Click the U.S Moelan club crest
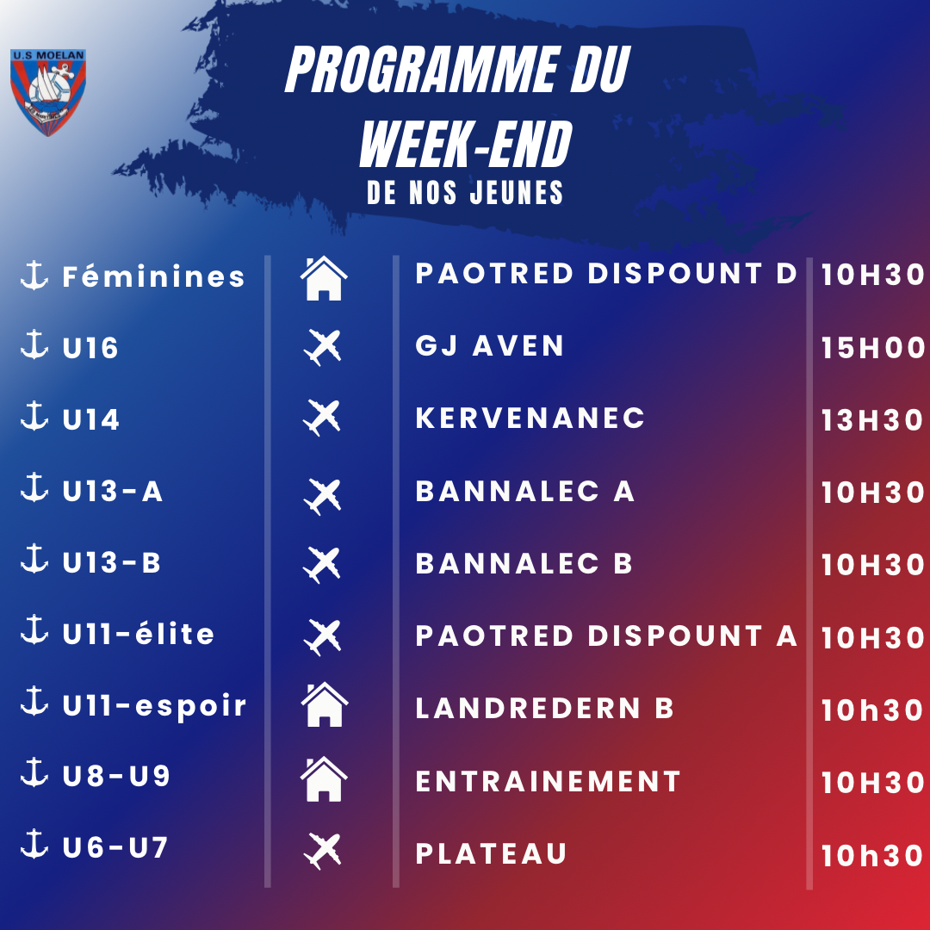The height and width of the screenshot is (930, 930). click(48, 92)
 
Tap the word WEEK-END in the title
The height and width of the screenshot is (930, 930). click(466, 144)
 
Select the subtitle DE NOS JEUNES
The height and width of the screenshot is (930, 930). click(465, 193)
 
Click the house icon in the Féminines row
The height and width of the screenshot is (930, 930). click(324, 278)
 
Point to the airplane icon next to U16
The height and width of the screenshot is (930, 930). click(323, 347)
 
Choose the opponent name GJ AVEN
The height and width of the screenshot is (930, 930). click(489, 346)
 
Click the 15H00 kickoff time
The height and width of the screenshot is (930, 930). click(872, 348)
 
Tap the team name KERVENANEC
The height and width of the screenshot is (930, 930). click(530, 418)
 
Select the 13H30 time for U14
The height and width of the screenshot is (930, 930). click(871, 420)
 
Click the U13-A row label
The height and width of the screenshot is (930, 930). click(112, 491)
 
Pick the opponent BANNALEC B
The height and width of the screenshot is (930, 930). click(524, 563)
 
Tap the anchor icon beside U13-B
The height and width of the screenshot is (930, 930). click(34, 558)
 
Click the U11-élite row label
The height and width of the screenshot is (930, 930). click(138, 634)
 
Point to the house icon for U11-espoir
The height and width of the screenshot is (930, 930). click(325, 704)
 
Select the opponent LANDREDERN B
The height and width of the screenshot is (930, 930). click(544, 708)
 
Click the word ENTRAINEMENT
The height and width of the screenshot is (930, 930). click(548, 781)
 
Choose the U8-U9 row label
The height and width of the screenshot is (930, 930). click(116, 776)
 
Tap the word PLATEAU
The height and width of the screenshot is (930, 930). click(491, 854)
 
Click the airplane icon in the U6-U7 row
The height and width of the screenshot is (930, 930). click(323, 851)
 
